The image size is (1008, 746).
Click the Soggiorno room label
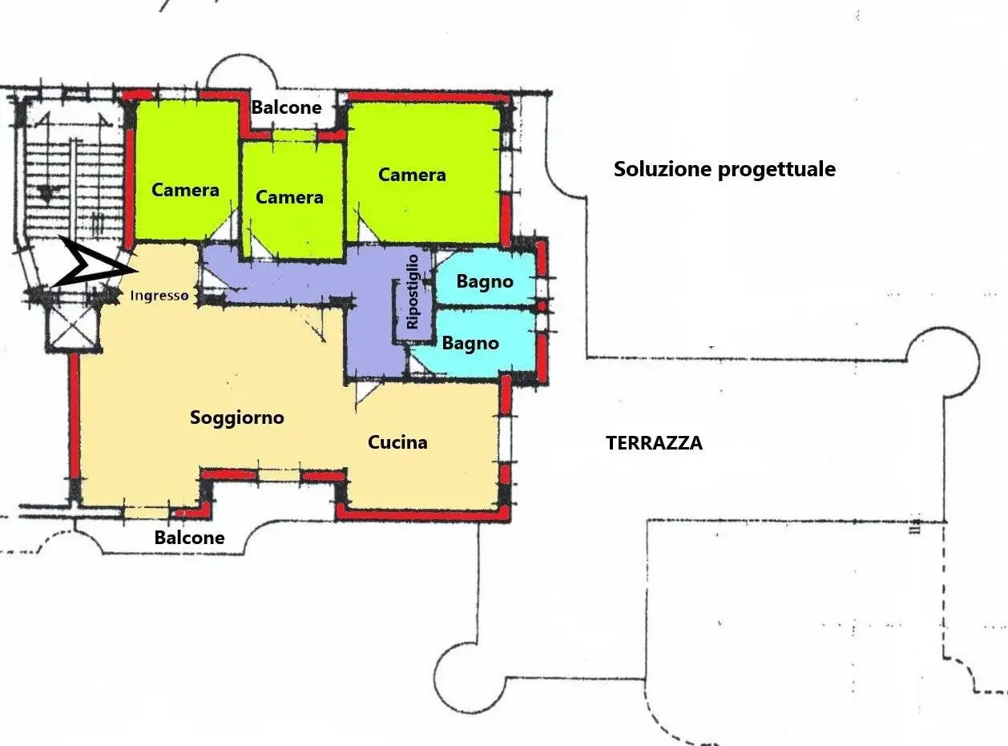(x=237, y=417)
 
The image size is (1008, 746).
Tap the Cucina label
(x=397, y=442)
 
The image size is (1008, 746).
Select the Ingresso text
(x=159, y=296)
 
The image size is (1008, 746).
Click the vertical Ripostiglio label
(x=413, y=292)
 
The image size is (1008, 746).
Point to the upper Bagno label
(x=485, y=282)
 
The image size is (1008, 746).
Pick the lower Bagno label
(x=470, y=344)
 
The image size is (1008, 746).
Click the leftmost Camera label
(x=185, y=190)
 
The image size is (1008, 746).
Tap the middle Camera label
(x=289, y=197)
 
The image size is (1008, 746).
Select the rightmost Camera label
(x=412, y=175)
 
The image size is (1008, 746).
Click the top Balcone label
(x=286, y=107)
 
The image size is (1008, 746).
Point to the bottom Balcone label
(x=189, y=538)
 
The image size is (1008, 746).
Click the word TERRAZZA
(x=654, y=443)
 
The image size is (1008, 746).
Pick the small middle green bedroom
(x=292, y=200)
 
